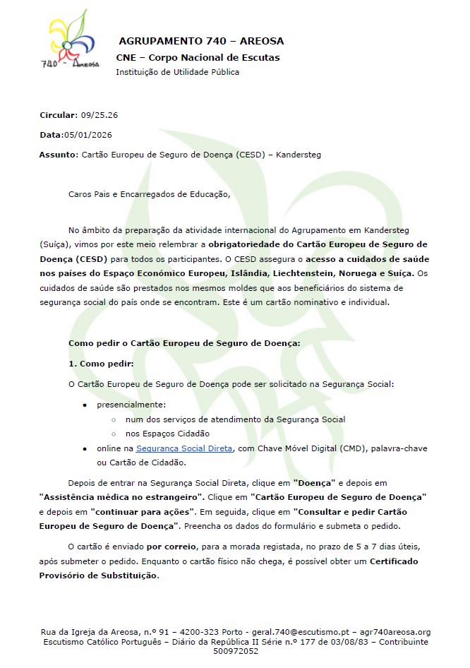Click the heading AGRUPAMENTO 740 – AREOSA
(201, 41)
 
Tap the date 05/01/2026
(88, 134)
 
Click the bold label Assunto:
(59, 154)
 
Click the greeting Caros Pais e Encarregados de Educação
(149, 193)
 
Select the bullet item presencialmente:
(131, 405)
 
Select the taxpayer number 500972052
(235, 651)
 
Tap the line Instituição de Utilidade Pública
(177, 72)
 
